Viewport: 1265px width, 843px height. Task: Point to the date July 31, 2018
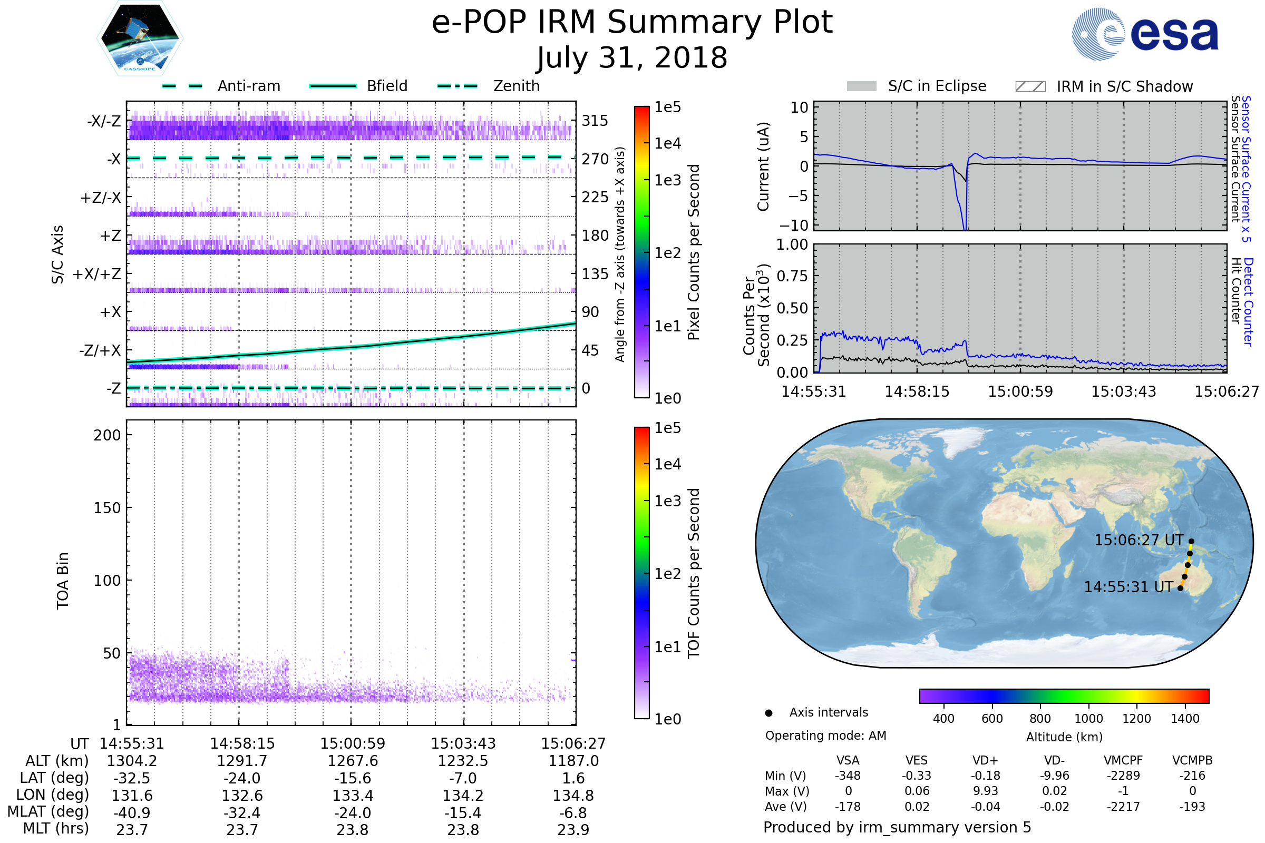coord(632,58)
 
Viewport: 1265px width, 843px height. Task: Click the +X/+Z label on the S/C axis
coord(97,274)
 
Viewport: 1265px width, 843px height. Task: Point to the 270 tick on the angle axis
coord(595,159)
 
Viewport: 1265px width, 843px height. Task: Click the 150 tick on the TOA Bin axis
coord(107,508)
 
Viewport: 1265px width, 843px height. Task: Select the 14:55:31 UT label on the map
coord(1128,587)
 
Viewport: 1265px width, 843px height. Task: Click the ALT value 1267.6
coord(353,761)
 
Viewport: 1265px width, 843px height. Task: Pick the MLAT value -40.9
coord(132,813)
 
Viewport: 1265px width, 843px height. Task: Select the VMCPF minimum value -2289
coord(1123,776)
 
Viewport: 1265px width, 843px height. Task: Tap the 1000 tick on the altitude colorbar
coord(1088,719)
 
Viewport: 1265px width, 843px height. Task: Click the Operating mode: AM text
coord(825,736)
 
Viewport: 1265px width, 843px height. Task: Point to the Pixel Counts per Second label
coord(694,252)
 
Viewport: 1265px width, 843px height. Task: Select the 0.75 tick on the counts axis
coord(793,276)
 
